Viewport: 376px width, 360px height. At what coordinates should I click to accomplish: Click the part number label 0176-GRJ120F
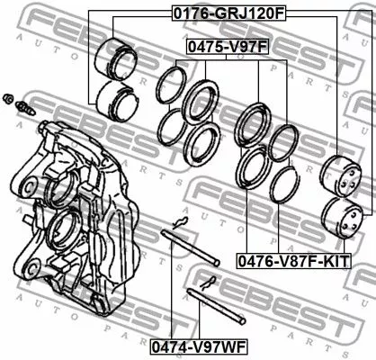(228, 13)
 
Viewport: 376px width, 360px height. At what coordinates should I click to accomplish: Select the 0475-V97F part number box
(228, 47)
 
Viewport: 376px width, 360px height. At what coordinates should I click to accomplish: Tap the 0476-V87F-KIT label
(294, 261)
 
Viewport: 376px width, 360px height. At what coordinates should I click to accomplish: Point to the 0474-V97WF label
(199, 346)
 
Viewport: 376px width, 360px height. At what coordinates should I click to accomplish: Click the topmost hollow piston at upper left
(116, 59)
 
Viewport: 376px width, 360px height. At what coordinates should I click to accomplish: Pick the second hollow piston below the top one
(117, 102)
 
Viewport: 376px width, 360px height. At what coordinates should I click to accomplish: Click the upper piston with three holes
(341, 176)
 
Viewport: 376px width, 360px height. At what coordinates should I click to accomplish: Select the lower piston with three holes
(342, 218)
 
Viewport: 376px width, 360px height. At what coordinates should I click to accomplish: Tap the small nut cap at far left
(8, 98)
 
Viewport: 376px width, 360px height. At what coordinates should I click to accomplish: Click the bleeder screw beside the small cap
(25, 109)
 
